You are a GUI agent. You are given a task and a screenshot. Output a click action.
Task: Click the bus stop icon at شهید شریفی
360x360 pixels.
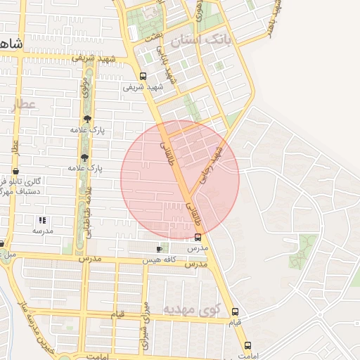pos(143,76)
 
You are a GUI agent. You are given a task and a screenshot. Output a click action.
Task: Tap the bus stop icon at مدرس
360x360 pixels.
pos(198,237)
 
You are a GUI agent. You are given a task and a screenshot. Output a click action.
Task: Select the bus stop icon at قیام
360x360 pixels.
pos(235,311)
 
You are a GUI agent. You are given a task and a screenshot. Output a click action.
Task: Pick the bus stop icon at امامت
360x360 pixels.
pos(247,345)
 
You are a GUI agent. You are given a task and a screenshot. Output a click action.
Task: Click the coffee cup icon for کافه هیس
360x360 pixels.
pos(160,249)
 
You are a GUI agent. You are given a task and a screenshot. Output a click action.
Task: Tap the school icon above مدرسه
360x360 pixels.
pos(41,220)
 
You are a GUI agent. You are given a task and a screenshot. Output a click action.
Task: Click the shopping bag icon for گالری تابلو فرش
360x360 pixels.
pos(15,171)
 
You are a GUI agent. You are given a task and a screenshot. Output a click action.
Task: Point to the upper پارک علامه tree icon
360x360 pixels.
pos(86,119)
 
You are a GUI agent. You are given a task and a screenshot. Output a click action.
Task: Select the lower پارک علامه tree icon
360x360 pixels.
pos(85,157)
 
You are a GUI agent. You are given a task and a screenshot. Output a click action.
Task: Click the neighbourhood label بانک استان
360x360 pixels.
pos(204,39)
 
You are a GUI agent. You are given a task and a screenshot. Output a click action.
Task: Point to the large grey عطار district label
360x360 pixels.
pos(22,105)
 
